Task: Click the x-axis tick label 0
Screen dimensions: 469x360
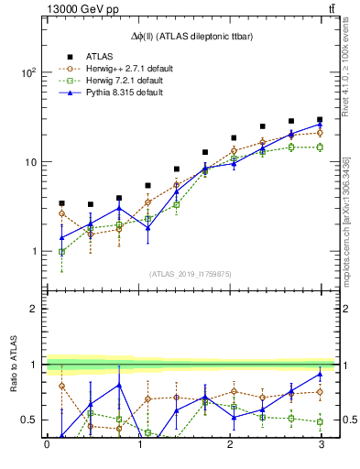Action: pos(47,445)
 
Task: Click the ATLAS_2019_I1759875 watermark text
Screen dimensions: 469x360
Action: pos(191,273)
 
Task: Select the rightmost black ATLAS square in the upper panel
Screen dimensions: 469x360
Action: pos(319,120)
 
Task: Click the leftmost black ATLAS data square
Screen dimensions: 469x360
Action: pos(61,203)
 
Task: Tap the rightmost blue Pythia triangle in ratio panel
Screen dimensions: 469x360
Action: pos(319,374)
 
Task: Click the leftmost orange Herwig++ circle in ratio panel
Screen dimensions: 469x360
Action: pos(61,386)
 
